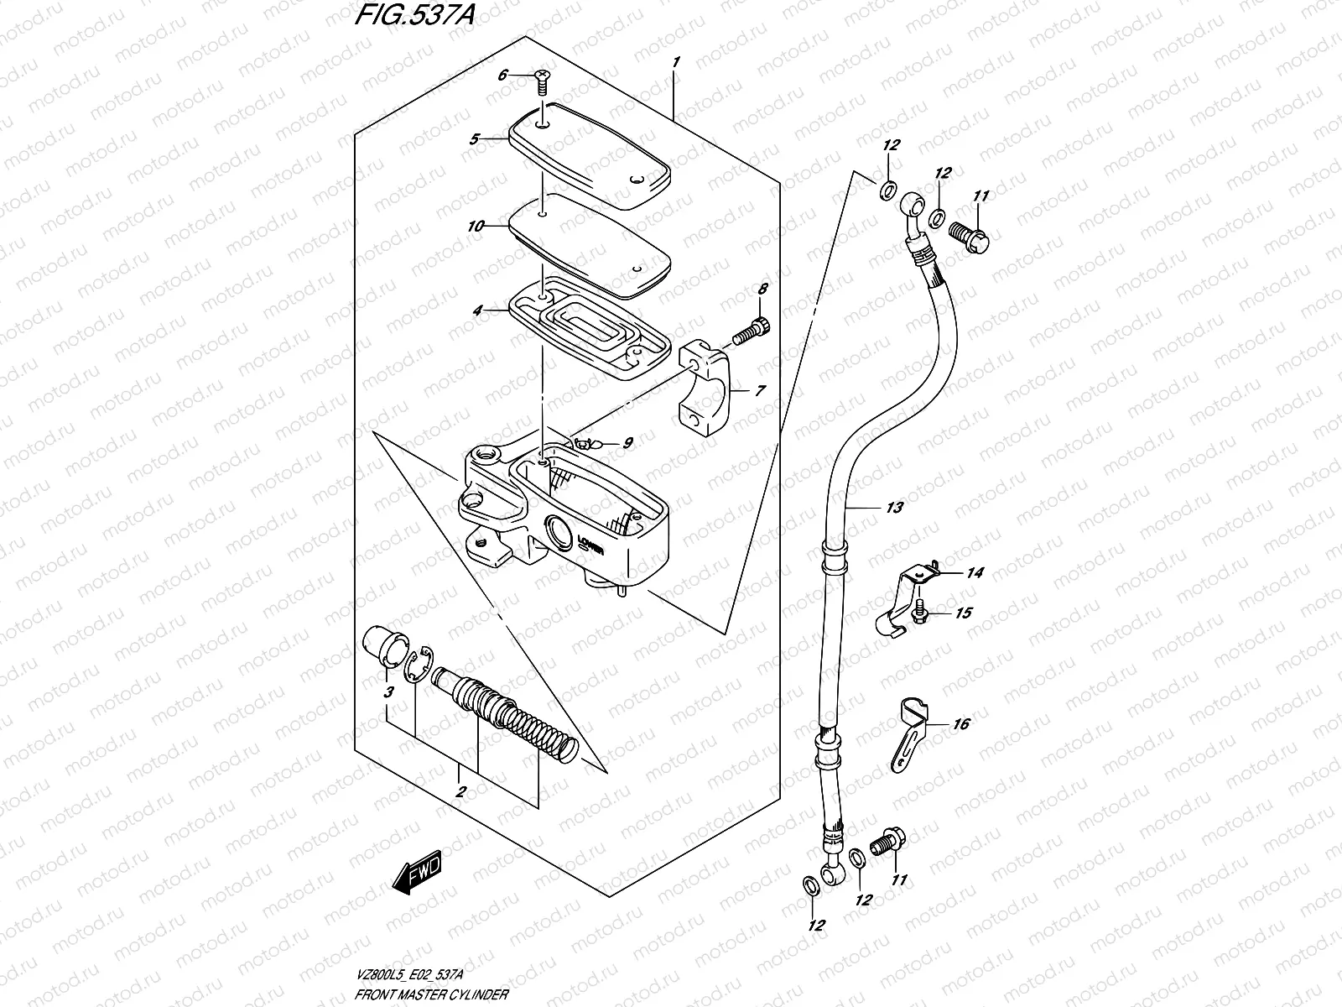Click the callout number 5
tap(475, 139)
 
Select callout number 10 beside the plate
tap(475, 227)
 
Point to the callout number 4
tap(477, 310)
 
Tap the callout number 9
tap(627, 442)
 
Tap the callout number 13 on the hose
tap(894, 508)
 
